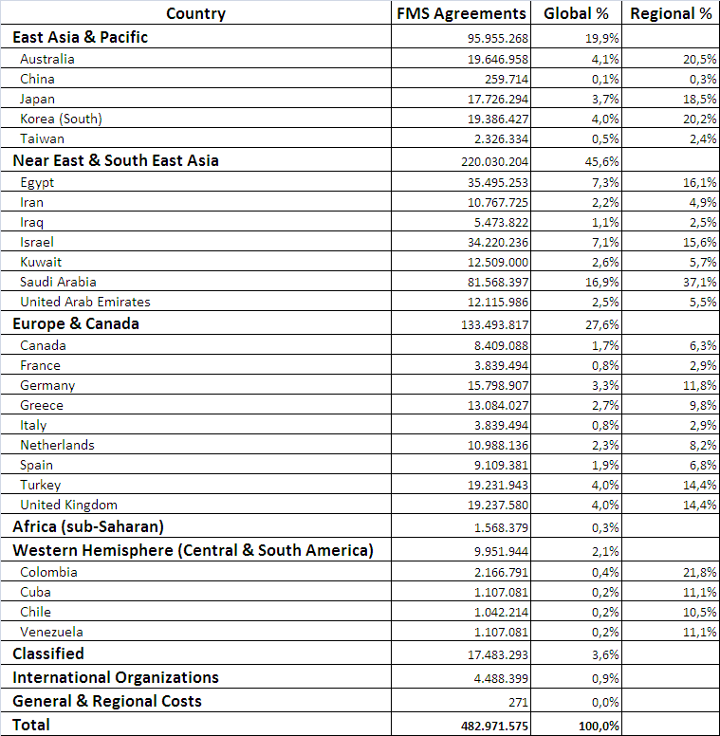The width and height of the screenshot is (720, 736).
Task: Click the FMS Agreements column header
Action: click(x=460, y=13)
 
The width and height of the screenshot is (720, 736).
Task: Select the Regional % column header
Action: click(x=672, y=13)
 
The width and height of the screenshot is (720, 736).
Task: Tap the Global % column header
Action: click(x=577, y=13)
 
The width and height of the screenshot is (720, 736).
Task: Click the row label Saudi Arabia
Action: click(x=58, y=282)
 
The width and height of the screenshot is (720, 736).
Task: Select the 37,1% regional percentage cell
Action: click(x=697, y=283)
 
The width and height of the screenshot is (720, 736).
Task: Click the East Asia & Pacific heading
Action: click(x=80, y=37)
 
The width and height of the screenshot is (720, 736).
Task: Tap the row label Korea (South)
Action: click(x=61, y=119)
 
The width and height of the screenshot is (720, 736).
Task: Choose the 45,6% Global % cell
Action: click(x=602, y=161)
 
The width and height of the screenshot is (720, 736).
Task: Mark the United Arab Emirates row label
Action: click(x=85, y=302)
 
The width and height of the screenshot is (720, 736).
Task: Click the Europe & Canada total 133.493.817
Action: click(x=495, y=324)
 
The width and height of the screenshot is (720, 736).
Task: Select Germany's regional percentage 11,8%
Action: click(x=697, y=385)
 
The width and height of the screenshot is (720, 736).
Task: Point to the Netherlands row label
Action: click(x=57, y=445)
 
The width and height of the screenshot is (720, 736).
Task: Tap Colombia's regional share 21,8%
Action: click(x=697, y=572)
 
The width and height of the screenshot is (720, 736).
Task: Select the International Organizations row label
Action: click(x=115, y=677)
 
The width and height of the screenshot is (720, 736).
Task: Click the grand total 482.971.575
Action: click(x=493, y=726)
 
